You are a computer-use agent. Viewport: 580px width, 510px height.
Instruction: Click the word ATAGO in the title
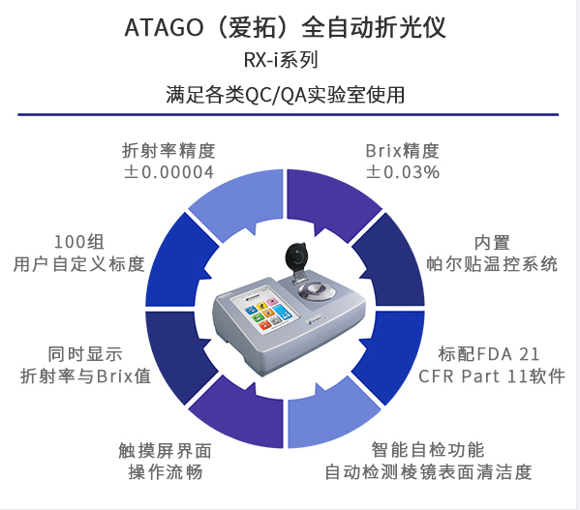[164, 28]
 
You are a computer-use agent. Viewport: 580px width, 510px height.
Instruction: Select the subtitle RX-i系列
[281, 60]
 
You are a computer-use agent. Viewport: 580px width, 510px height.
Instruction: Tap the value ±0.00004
[169, 172]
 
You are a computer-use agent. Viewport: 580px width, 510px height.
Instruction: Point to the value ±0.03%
[403, 172]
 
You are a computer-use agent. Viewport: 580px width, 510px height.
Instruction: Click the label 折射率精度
[168, 151]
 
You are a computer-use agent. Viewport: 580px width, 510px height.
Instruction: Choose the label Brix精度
[403, 151]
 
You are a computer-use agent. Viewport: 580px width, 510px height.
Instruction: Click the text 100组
[79, 242]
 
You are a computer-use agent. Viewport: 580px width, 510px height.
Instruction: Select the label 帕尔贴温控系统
[492, 264]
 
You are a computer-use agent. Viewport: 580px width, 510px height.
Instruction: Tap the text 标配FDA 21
[489, 354]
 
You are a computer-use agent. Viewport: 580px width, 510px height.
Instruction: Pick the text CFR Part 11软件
[492, 376]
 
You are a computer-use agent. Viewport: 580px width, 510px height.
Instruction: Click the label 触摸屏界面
[165, 451]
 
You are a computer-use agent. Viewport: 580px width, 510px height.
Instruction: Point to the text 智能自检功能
[428, 450]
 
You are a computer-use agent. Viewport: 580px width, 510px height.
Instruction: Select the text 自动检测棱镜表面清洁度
[428, 472]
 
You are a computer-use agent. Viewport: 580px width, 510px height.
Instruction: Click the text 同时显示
[85, 354]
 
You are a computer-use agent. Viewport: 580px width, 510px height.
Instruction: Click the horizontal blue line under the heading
[289, 114]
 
